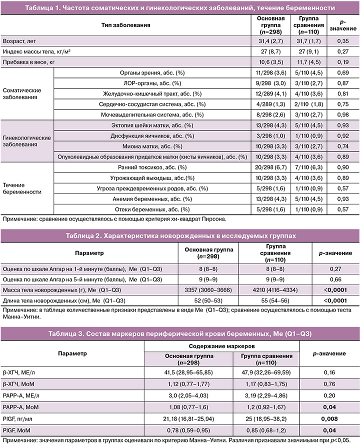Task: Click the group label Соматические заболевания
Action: coord(22,93)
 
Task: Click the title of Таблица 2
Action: coord(179,235)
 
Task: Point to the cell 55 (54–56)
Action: coord(278,300)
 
